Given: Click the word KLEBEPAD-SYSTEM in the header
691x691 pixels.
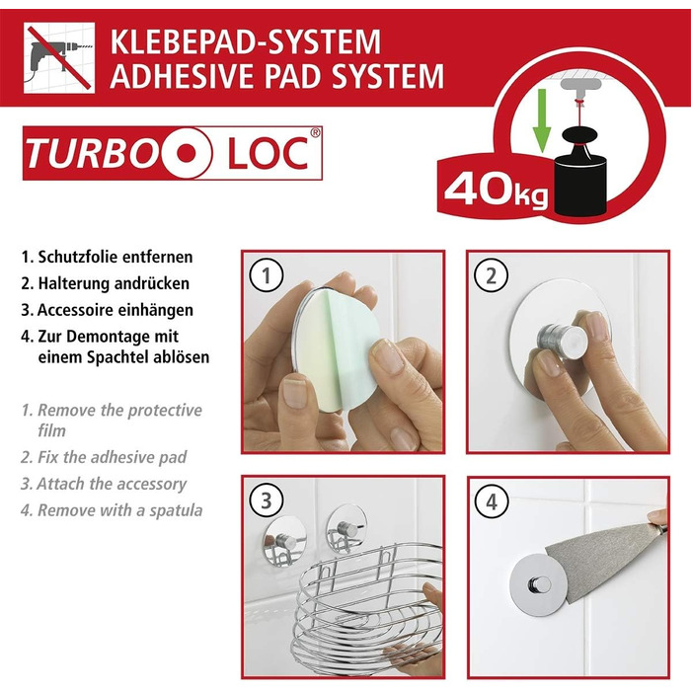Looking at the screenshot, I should (245, 41).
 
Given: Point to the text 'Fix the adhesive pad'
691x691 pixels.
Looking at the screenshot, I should (112, 457).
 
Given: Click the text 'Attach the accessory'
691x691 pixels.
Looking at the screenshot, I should (111, 484).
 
